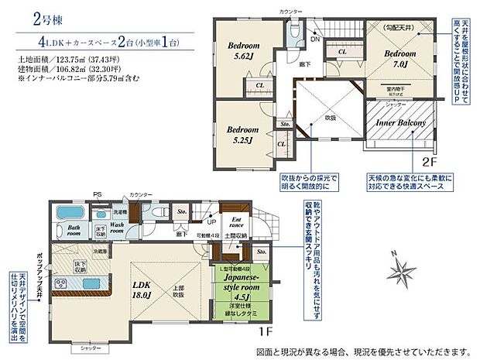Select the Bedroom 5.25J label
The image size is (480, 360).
click(x=242, y=135)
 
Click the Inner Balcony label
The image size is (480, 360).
click(x=399, y=123)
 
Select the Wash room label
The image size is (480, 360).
click(x=116, y=228)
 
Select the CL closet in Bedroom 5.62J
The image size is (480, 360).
click(x=259, y=86)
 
